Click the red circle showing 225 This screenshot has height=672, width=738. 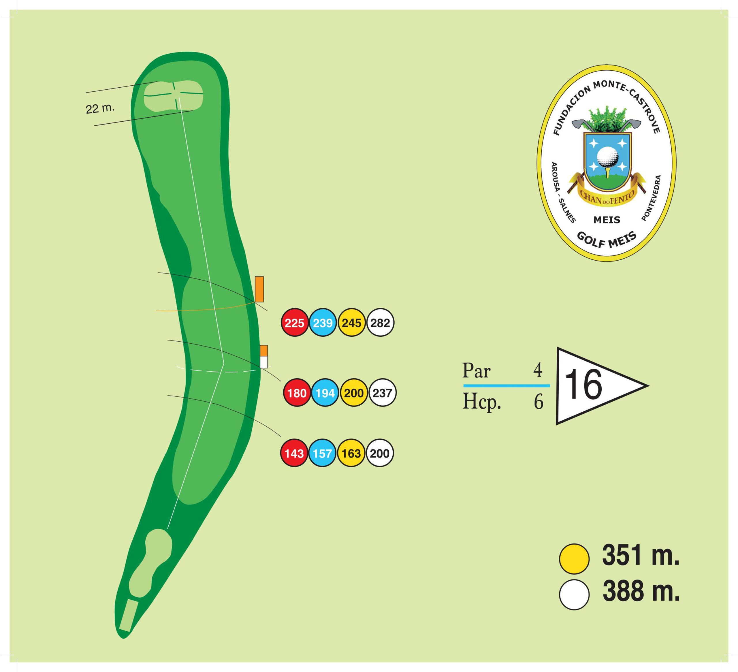point(295,323)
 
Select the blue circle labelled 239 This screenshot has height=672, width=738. point(323,323)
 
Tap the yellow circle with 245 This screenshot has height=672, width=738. point(352,323)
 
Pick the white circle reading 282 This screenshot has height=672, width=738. point(380,323)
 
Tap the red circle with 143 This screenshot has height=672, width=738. point(294,453)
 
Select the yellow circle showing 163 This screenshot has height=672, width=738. point(351,453)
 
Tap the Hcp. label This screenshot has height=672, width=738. point(482,402)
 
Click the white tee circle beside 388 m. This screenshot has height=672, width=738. point(574,595)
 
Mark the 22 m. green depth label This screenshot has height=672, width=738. point(100,108)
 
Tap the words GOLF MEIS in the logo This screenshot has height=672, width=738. point(607,240)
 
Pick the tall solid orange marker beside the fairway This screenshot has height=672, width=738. point(259,289)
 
